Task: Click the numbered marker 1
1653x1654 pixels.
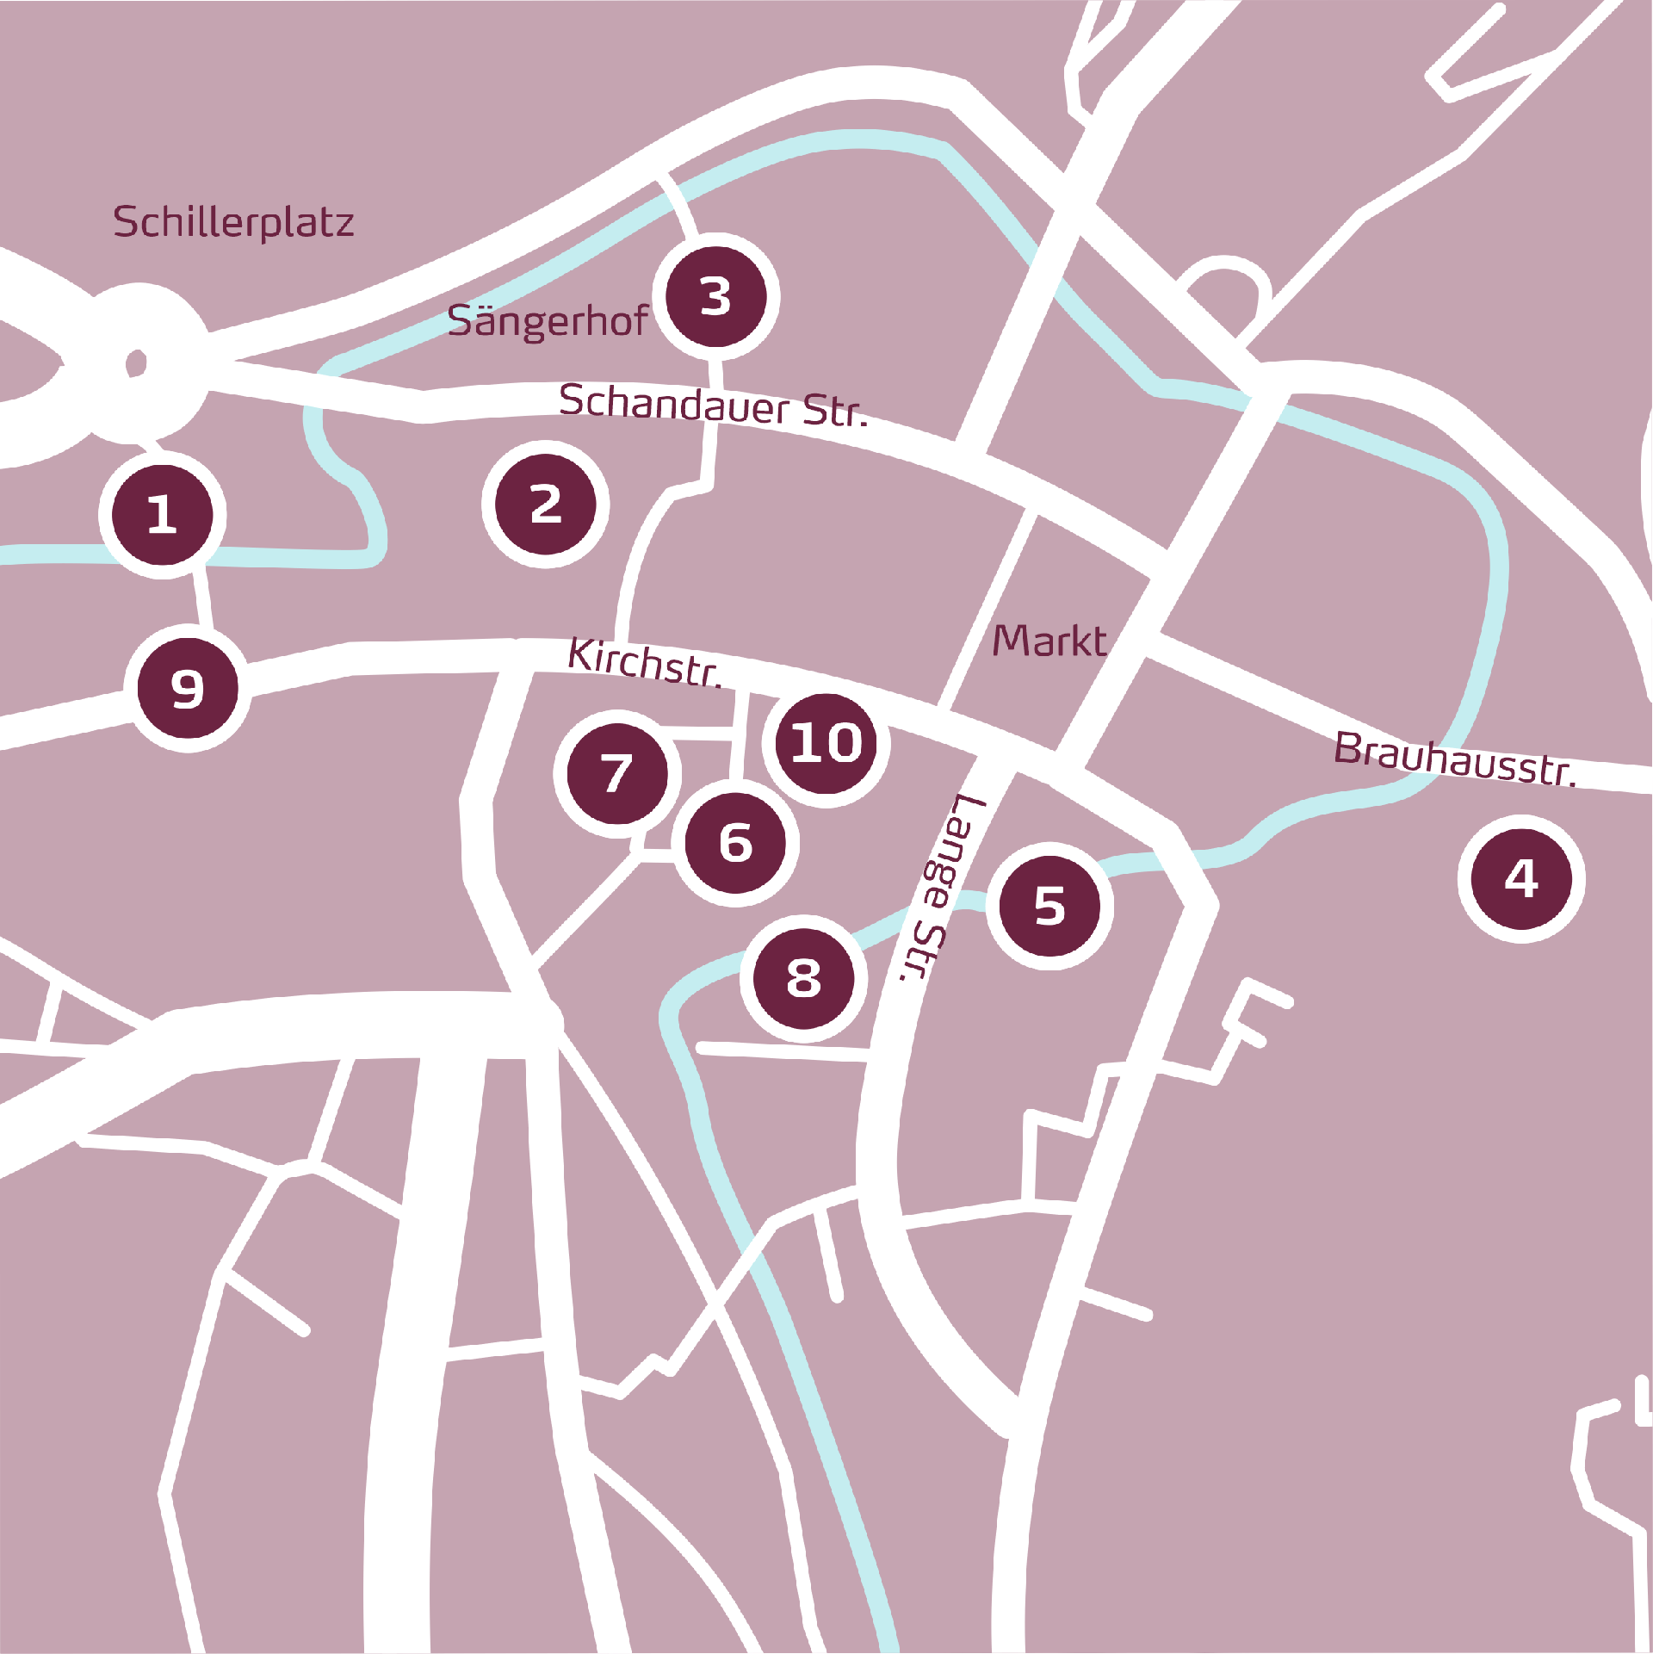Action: point(163,515)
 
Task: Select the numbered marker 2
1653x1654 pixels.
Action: point(546,505)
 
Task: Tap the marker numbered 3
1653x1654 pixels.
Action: point(716,297)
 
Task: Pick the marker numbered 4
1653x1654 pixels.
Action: point(1521,879)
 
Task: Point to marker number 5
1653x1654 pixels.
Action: point(1049,906)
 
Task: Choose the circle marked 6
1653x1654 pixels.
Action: point(736,843)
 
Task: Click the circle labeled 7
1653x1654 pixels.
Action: point(617,773)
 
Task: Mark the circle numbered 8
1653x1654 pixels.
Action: point(803,978)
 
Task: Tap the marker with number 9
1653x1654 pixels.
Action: point(188,689)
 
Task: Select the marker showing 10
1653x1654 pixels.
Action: point(826,743)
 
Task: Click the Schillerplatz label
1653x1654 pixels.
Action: point(233,222)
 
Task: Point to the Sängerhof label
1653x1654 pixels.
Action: point(548,321)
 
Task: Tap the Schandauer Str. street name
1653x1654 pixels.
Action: point(713,406)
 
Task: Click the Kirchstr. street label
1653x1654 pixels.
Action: point(645,663)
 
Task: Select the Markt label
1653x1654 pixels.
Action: point(1049,641)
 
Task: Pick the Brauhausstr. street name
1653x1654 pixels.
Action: point(1455,759)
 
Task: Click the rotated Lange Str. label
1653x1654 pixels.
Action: point(940,887)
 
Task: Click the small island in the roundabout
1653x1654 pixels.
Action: point(136,362)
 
